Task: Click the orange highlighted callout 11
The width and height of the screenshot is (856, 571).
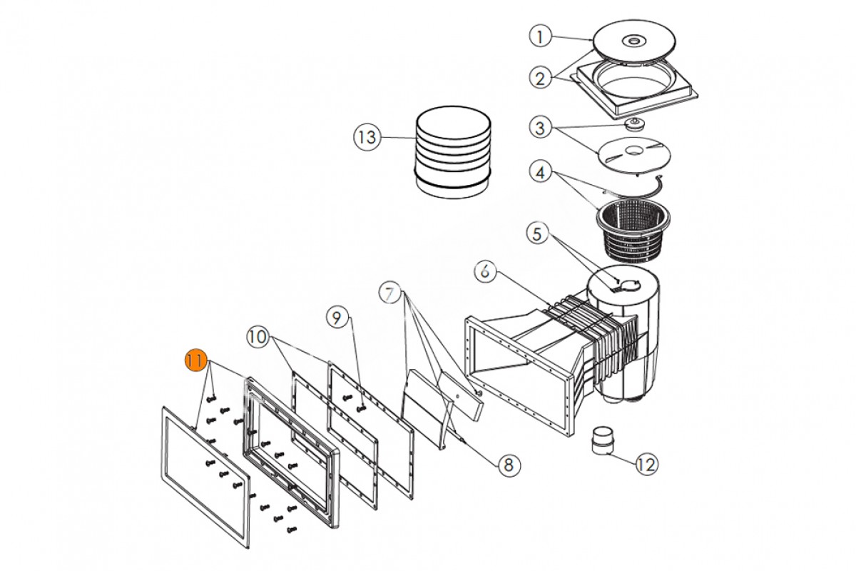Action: pyautogui.click(x=195, y=360)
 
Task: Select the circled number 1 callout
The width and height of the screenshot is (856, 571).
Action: pyautogui.click(x=540, y=36)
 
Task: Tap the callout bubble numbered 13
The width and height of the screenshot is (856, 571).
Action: pyautogui.click(x=367, y=137)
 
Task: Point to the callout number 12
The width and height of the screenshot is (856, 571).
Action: pyautogui.click(x=646, y=465)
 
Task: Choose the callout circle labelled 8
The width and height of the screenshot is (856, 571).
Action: pyautogui.click(x=509, y=465)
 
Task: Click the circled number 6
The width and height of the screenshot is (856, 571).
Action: pyautogui.click(x=485, y=271)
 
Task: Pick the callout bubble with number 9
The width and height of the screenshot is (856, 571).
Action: pyautogui.click(x=337, y=318)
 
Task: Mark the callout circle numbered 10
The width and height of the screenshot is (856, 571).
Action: pyautogui.click(x=258, y=337)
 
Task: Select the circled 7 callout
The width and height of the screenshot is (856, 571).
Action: pyautogui.click(x=389, y=293)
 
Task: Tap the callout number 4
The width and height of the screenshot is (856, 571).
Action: pyautogui.click(x=540, y=173)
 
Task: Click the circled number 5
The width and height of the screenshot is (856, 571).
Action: pyautogui.click(x=537, y=233)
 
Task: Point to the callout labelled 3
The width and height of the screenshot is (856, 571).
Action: pyautogui.click(x=540, y=127)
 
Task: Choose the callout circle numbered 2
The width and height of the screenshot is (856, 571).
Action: pyautogui.click(x=540, y=78)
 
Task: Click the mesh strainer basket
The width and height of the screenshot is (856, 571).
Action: pyautogui.click(x=633, y=232)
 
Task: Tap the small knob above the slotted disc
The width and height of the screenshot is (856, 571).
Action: pyautogui.click(x=635, y=124)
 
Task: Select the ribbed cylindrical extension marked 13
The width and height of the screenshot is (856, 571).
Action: pyautogui.click(x=453, y=152)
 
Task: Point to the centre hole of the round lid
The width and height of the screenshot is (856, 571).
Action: pyautogui.click(x=634, y=40)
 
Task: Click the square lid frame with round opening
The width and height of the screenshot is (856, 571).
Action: pyautogui.click(x=634, y=88)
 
